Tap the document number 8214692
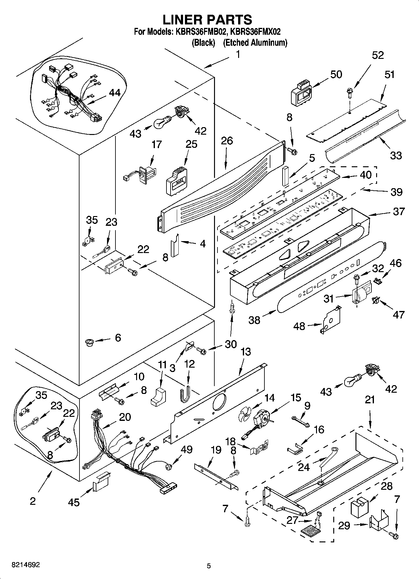tap(21, 565)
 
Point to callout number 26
tap(227, 141)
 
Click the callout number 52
tap(378, 55)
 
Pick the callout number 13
tap(246, 352)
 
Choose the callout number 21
tap(370, 400)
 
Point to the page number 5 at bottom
tap(209, 566)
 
